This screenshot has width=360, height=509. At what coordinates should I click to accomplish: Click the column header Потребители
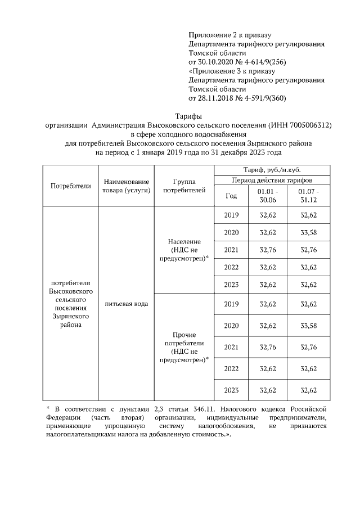(x=70, y=186)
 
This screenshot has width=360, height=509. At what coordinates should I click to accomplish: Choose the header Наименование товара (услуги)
(x=126, y=186)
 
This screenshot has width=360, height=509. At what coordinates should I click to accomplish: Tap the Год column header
(x=231, y=196)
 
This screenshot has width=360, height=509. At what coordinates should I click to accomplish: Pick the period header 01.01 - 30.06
(x=267, y=196)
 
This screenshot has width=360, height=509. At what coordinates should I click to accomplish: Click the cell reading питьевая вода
(x=126, y=304)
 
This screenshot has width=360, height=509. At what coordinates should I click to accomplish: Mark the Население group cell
(x=184, y=249)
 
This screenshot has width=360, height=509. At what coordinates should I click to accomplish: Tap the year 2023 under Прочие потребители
(x=231, y=390)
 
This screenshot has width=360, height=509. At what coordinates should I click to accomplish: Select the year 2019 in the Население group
(x=231, y=215)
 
